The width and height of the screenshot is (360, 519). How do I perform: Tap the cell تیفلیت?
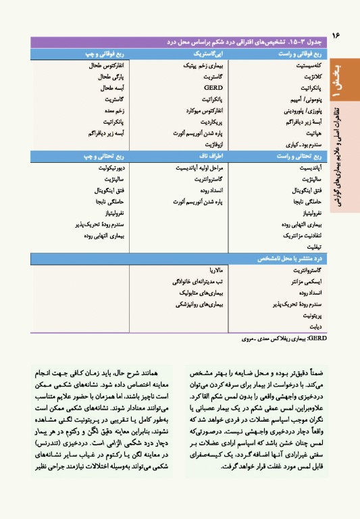pyautogui.click(x=310, y=247)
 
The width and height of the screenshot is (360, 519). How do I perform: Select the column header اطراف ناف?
pyautogui.click(x=213, y=155)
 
